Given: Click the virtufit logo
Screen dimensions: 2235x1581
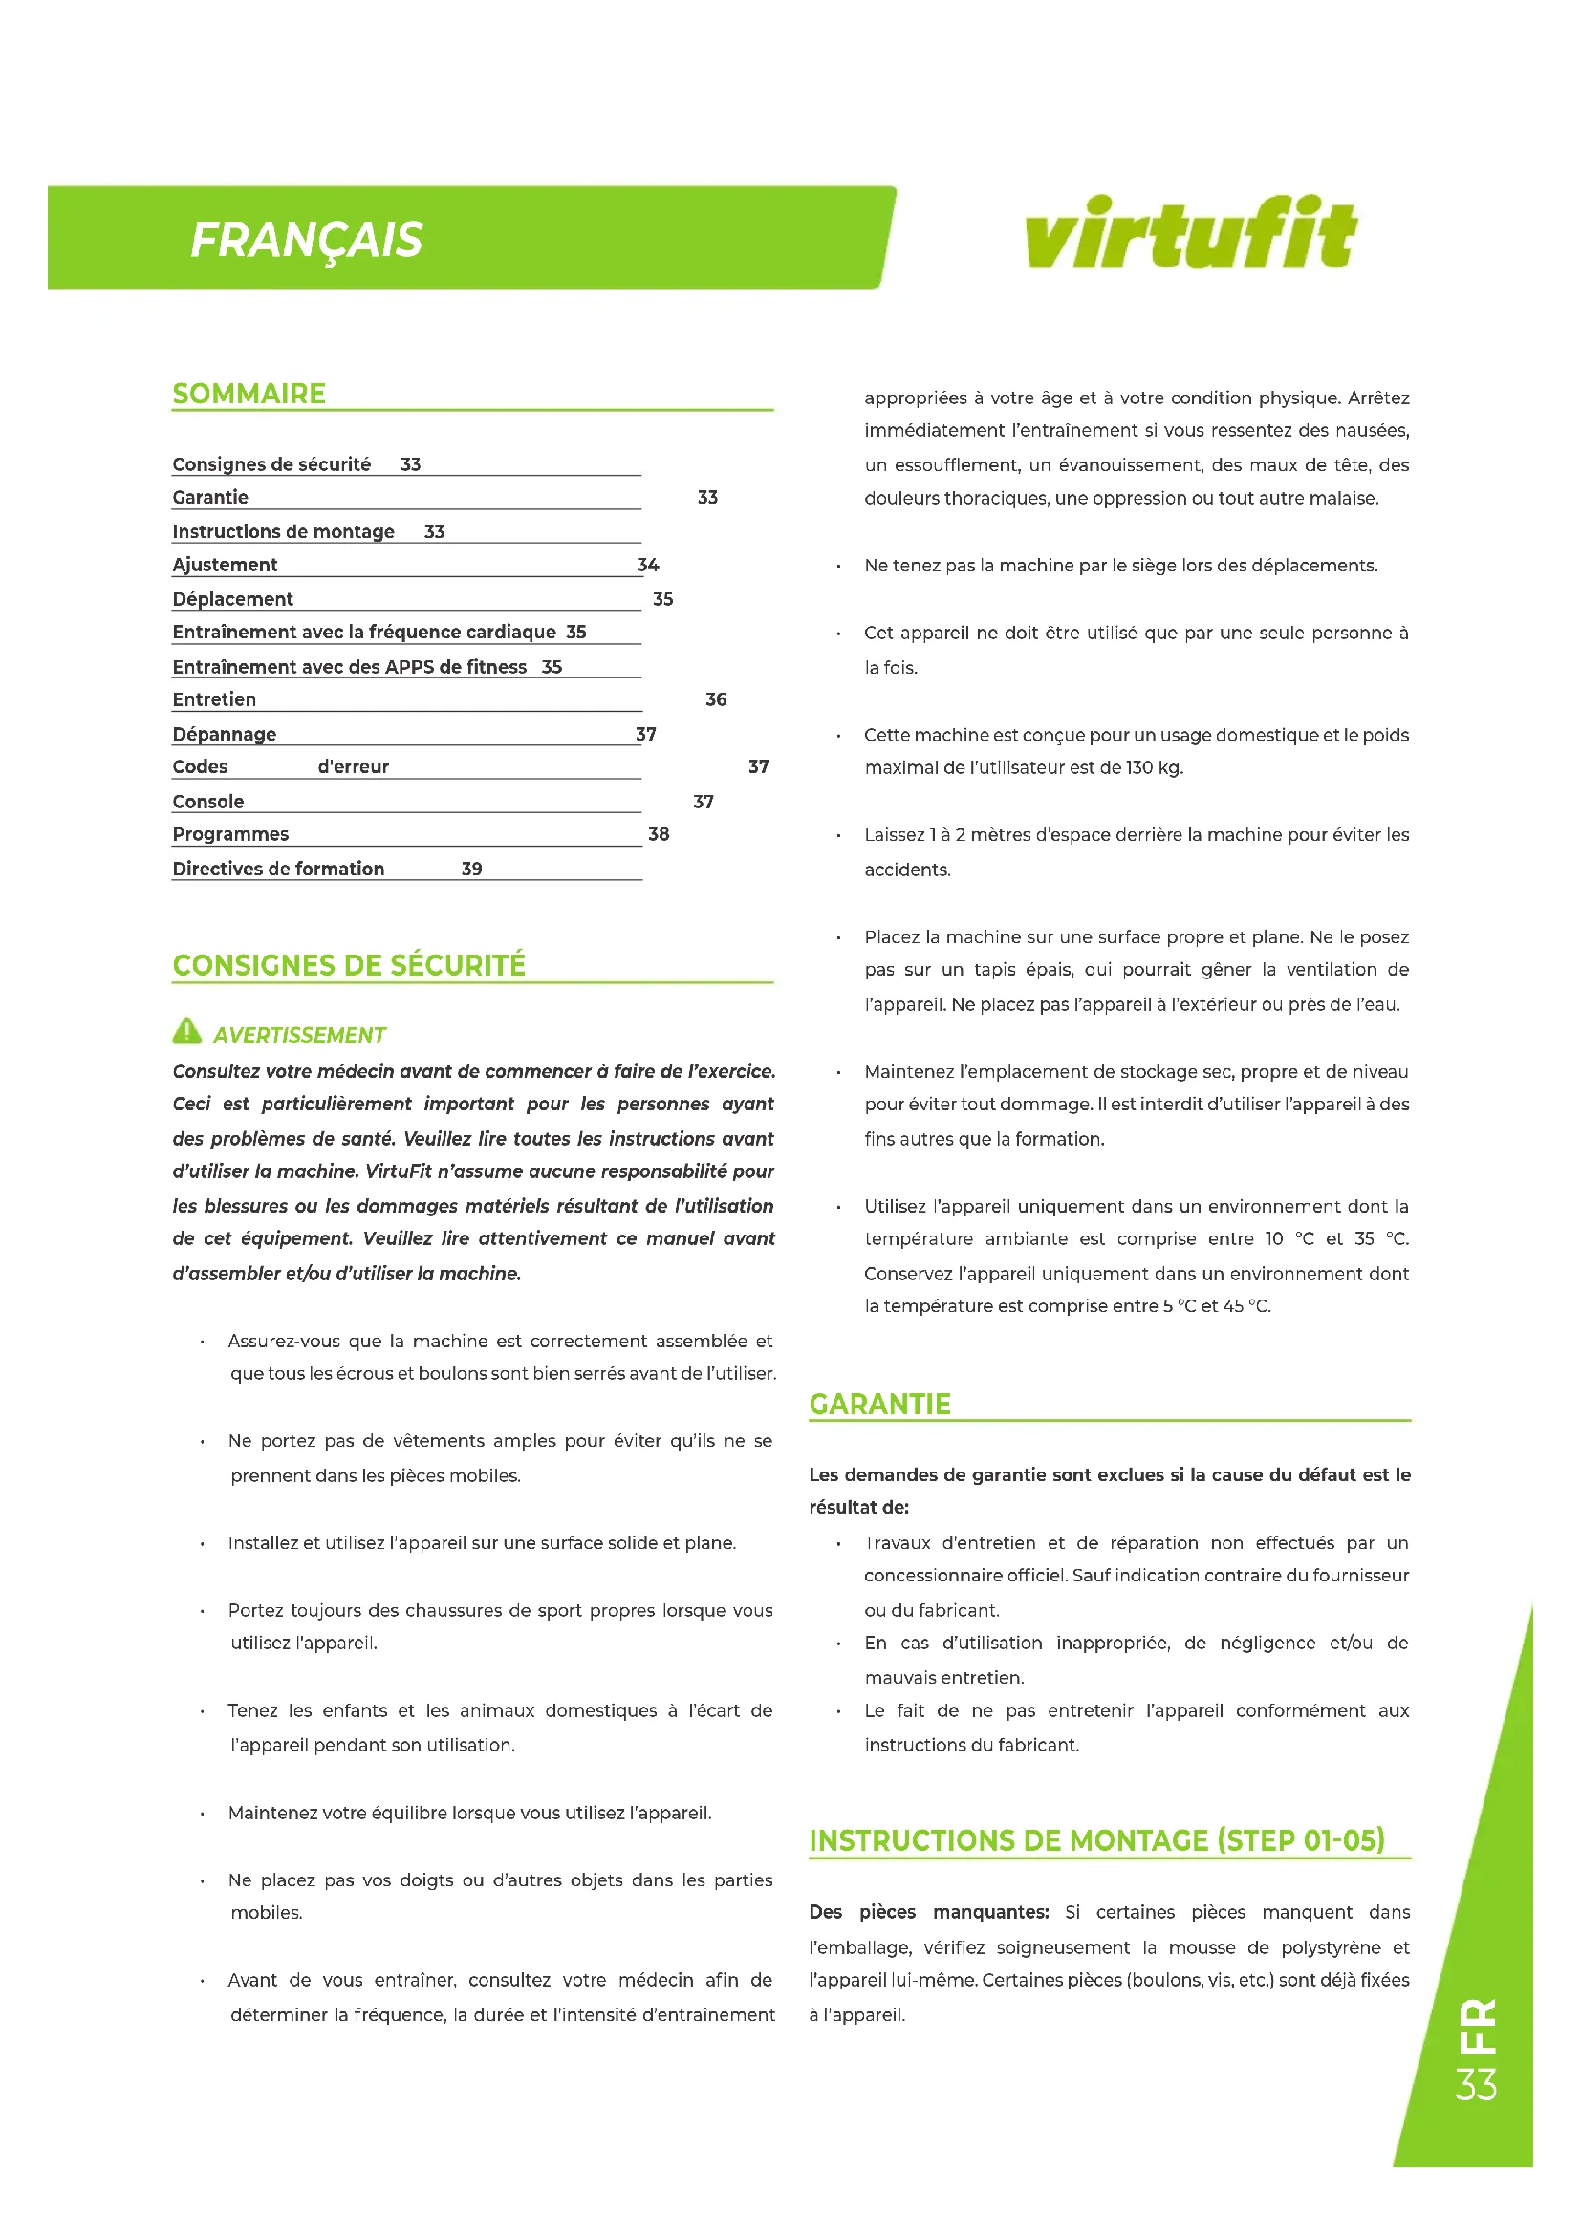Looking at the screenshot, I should [1190, 232].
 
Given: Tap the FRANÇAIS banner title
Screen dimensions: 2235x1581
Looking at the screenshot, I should [307, 240].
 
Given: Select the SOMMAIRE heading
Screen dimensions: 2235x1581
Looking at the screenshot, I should [249, 395].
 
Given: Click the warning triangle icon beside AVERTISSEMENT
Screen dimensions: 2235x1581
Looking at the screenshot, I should [186, 1030].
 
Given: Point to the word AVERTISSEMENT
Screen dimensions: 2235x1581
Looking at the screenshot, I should [300, 1036].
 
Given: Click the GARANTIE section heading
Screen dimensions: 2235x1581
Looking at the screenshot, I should [880, 1405].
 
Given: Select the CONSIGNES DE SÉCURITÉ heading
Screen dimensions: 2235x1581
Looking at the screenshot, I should [349, 966].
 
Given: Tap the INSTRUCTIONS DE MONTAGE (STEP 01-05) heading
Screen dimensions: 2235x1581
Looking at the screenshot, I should [1096, 1841].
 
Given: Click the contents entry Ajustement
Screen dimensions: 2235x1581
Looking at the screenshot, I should [225, 565].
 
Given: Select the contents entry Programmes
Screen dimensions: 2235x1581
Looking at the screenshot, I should [230, 834].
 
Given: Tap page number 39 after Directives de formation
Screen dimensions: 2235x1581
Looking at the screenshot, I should [472, 869].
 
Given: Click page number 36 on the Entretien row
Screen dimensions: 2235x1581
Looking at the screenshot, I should [716, 699].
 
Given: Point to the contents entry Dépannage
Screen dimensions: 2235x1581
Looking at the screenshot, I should [225, 734].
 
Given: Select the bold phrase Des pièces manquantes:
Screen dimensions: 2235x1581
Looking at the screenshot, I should [929, 1913].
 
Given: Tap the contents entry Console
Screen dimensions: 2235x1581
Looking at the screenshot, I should [208, 802].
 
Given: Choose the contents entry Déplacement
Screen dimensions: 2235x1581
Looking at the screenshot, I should [232, 600].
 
